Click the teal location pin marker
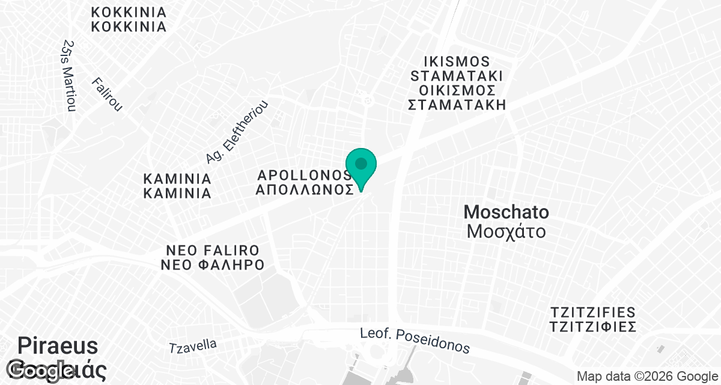361,166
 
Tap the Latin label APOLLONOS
304,175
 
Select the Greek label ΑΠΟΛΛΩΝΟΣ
304,189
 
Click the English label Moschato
507,212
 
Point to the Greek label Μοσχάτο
507,231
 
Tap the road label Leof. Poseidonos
415,340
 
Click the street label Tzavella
193,346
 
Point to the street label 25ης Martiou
70,75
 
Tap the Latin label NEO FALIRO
213,250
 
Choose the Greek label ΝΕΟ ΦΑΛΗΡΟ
213,265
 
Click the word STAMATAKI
456,76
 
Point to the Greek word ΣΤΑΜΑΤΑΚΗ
456,105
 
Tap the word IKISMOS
456,62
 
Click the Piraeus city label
58,346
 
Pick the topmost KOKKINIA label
129,12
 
